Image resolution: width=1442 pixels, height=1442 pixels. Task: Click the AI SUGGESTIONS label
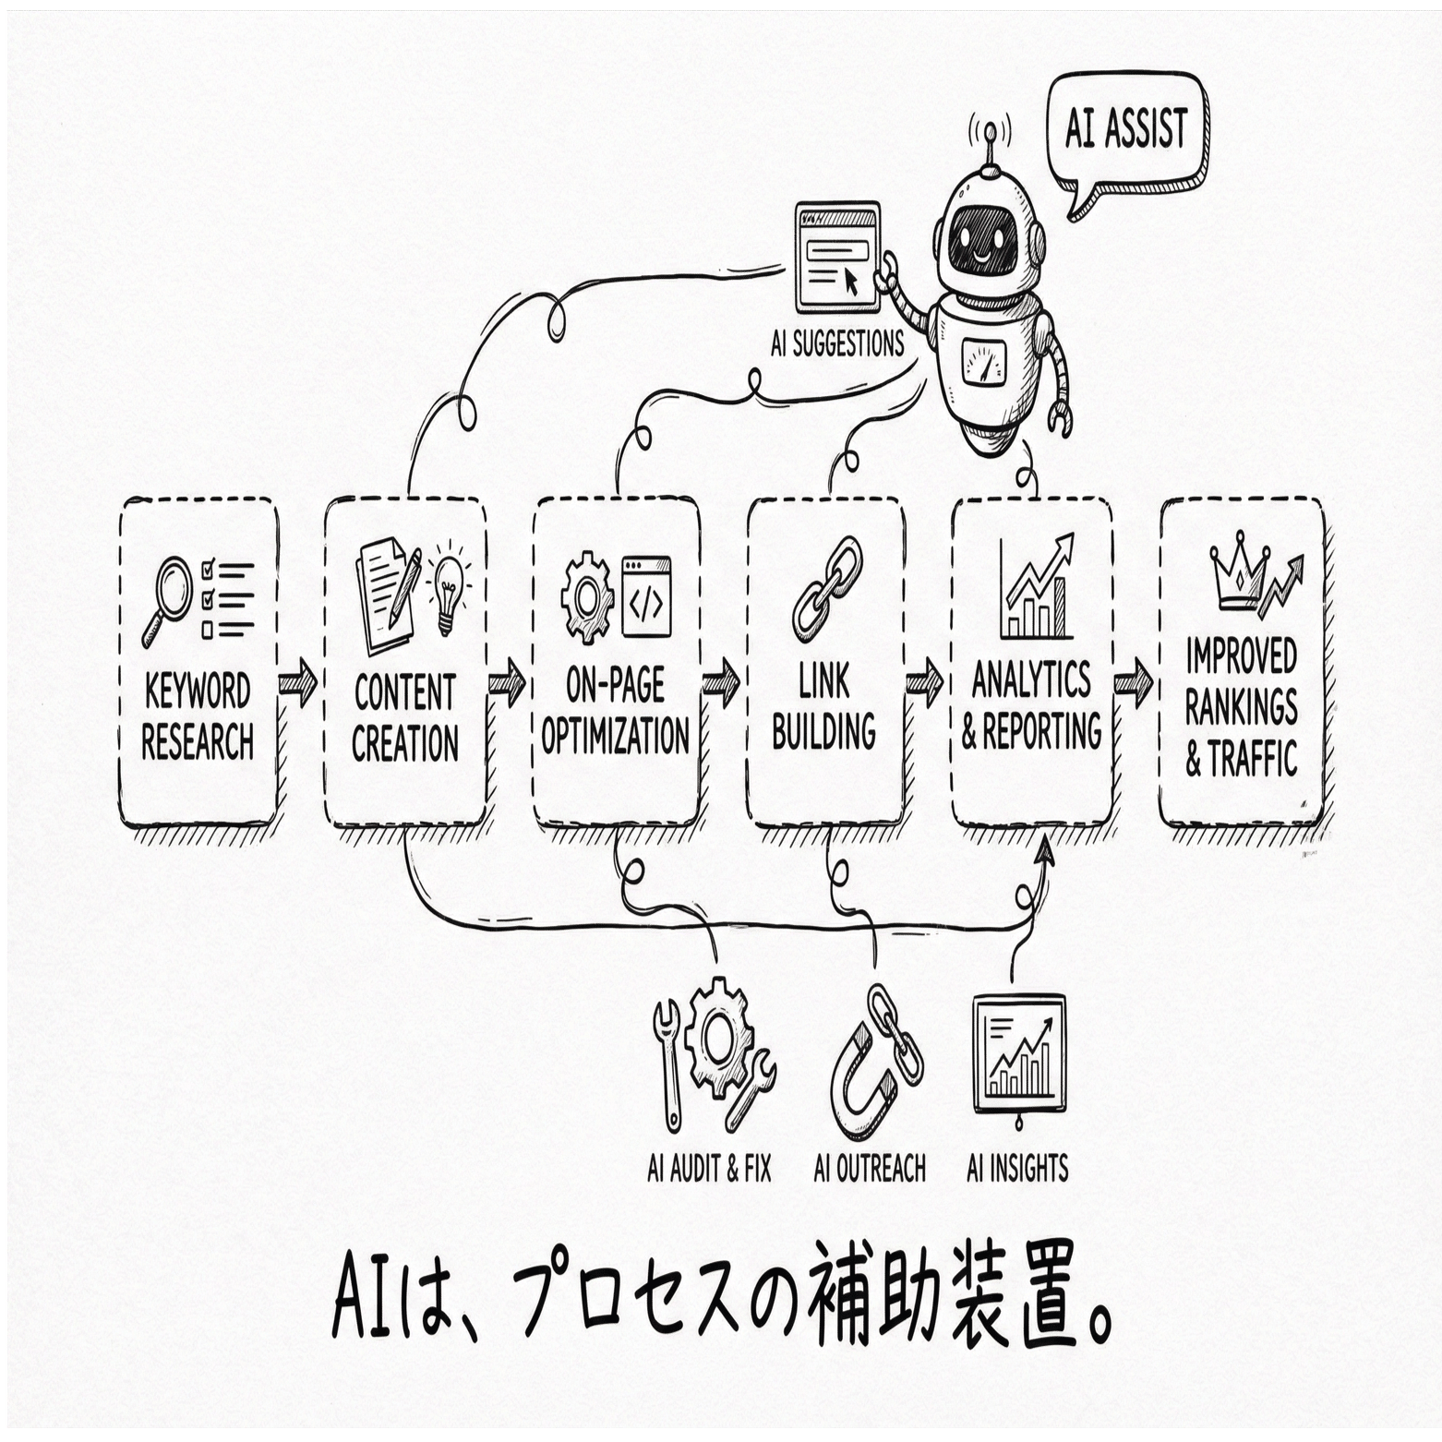tap(837, 343)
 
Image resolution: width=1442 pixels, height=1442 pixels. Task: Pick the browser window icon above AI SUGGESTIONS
tap(836, 258)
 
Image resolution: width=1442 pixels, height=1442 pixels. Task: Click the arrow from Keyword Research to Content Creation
tap(297, 684)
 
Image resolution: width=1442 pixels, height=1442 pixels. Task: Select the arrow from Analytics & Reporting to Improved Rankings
tap(1133, 684)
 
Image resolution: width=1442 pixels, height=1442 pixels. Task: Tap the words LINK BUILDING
tap(823, 707)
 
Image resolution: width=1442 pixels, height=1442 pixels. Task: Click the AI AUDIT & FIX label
tap(708, 1169)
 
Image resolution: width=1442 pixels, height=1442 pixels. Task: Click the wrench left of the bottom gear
tap(667, 1062)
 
